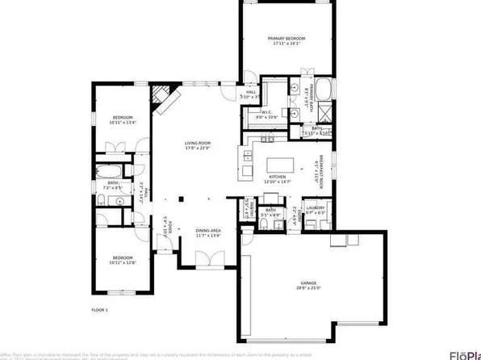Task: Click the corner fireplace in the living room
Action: click(162, 96)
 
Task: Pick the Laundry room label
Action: click(316, 207)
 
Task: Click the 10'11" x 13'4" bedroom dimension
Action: click(121, 123)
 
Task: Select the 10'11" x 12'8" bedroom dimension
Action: click(121, 262)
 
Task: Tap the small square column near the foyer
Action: click(182, 199)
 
